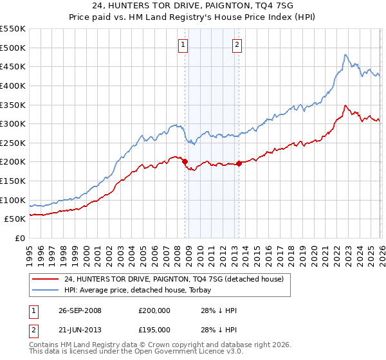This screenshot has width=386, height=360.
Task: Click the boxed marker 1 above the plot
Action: coord(183,44)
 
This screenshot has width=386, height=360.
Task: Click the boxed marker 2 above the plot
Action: coord(237,44)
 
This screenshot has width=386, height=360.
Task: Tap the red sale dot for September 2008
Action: coord(185,162)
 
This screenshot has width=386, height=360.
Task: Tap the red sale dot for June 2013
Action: coord(239,163)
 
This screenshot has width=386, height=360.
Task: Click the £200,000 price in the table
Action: coord(155,310)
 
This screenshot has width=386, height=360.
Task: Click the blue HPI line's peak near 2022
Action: coord(345,55)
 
